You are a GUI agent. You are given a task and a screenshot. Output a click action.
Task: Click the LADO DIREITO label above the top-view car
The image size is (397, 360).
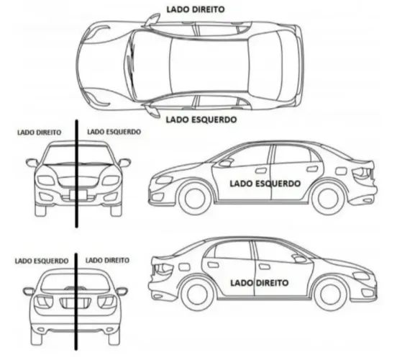[196, 9]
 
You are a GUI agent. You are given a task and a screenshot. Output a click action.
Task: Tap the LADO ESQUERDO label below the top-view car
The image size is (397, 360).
[201, 120]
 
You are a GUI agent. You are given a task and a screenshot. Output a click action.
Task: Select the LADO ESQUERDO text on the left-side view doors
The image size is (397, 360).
[265, 184]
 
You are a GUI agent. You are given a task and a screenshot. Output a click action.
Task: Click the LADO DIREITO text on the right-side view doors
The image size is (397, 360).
[259, 283]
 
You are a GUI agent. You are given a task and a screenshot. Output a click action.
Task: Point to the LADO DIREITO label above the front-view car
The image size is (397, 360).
[40, 132]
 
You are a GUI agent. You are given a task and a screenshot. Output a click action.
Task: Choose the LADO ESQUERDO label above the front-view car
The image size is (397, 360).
[114, 132]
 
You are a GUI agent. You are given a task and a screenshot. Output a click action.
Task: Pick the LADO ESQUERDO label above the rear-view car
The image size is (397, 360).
[42, 261]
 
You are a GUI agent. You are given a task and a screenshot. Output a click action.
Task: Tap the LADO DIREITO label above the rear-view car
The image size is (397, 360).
[107, 261]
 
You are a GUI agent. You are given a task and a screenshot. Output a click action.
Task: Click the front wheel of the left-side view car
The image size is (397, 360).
[195, 199]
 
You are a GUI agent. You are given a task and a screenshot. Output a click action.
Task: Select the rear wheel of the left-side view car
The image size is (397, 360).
[329, 199]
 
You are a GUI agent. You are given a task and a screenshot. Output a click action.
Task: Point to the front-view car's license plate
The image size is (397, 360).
[78, 194]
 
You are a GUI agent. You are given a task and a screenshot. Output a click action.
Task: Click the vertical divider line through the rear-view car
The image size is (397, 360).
[76, 302]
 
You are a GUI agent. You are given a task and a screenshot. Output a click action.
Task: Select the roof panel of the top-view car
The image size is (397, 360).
[209, 66]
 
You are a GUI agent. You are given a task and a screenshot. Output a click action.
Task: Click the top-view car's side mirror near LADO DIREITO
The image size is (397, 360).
[152, 19]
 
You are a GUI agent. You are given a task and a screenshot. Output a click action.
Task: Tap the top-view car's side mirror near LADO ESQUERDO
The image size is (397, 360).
[152, 111]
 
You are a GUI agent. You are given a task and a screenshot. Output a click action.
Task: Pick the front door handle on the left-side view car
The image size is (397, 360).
[261, 171]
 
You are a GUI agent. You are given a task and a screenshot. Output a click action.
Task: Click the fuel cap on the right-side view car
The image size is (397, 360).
[184, 267]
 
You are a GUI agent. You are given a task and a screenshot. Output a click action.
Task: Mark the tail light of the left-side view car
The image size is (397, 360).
[362, 173]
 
